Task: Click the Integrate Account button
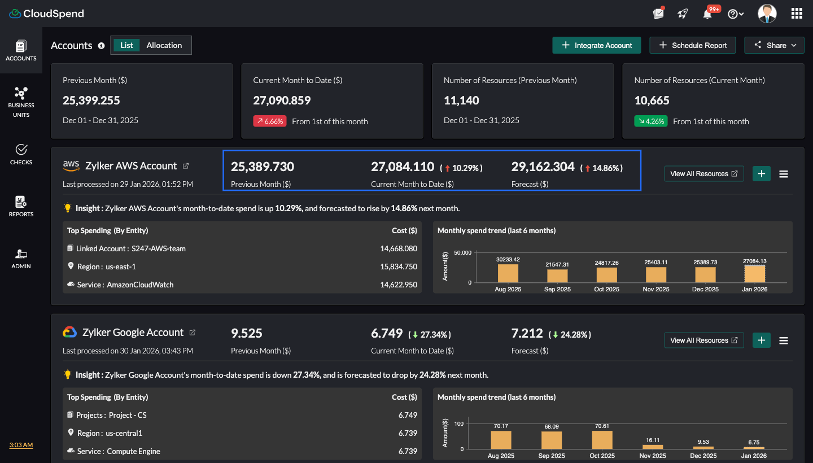tap(596, 45)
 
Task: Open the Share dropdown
tap(774, 45)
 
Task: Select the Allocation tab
tap(164, 45)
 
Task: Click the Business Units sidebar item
tap(21, 102)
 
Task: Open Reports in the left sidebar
tap(21, 206)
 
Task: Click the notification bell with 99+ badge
tap(707, 14)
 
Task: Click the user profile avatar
tap(767, 14)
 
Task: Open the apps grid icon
tap(797, 14)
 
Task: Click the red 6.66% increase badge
tap(270, 121)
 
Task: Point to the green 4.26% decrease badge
tap(650, 121)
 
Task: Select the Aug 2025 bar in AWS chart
tap(508, 273)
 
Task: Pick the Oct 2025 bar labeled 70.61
tap(602, 440)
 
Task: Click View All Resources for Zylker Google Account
tap(703, 340)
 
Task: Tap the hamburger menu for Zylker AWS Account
tap(784, 174)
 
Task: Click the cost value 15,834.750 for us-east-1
tap(399, 267)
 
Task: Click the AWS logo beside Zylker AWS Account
tap(71, 165)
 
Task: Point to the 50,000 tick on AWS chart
tap(462, 253)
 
